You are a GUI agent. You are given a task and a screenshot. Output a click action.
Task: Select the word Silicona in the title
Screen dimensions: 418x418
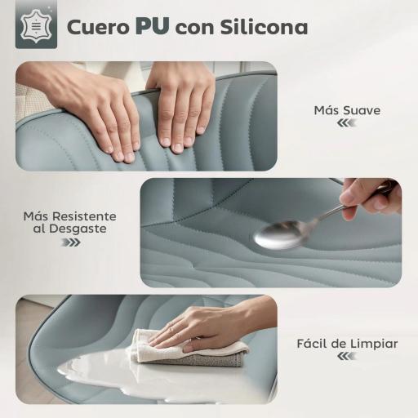(x=264, y=27)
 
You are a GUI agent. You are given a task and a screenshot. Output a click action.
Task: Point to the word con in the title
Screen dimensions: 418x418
(x=194, y=28)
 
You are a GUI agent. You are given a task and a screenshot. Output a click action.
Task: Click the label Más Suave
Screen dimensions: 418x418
(x=347, y=109)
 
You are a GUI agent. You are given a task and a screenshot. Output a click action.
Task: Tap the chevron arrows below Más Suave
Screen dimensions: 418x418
(x=346, y=123)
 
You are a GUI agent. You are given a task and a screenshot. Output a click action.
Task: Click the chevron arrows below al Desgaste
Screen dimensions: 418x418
(x=70, y=242)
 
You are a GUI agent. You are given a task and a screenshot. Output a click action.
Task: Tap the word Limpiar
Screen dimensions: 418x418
(x=373, y=344)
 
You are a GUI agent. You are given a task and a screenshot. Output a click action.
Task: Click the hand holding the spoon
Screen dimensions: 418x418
(x=369, y=196)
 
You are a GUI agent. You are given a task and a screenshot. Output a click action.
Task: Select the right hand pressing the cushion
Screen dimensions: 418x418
(x=180, y=102)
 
